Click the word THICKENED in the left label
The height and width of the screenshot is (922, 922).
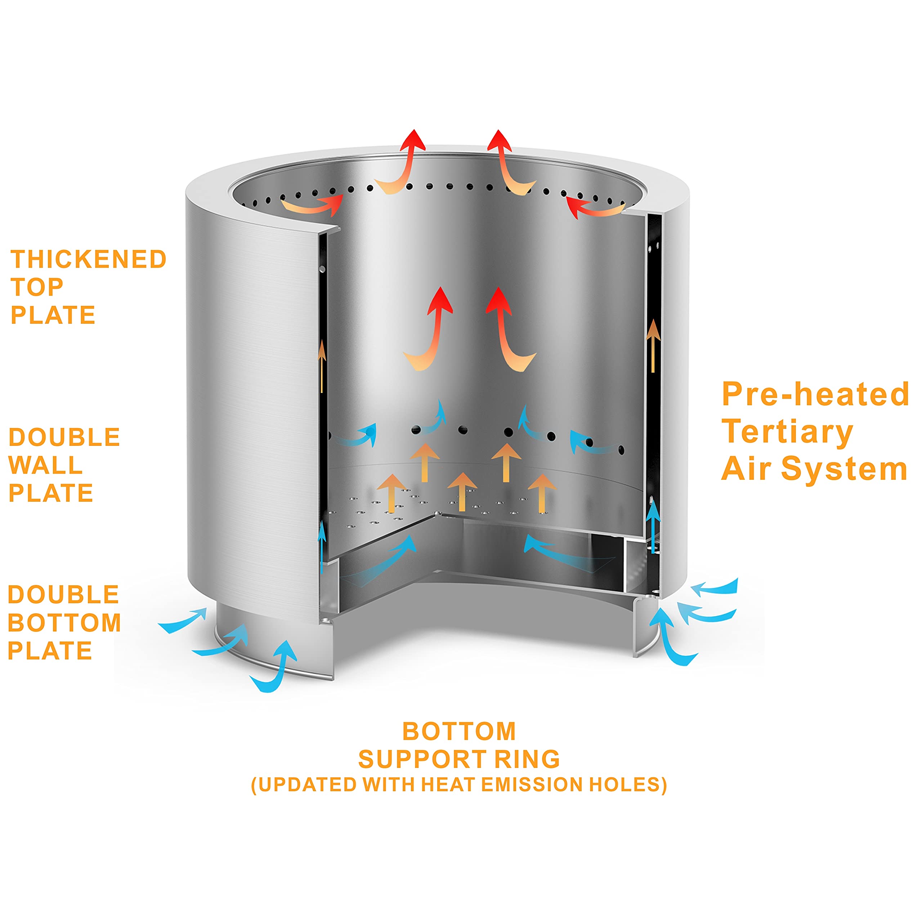[88, 260]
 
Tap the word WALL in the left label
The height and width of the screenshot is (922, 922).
[45, 465]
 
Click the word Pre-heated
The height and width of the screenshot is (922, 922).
[815, 395]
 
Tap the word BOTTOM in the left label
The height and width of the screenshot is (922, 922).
[64, 623]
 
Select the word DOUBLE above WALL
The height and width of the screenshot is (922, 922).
[64, 437]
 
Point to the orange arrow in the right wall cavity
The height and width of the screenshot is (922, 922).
[653, 346]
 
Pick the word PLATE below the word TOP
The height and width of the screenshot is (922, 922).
[53, 315]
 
